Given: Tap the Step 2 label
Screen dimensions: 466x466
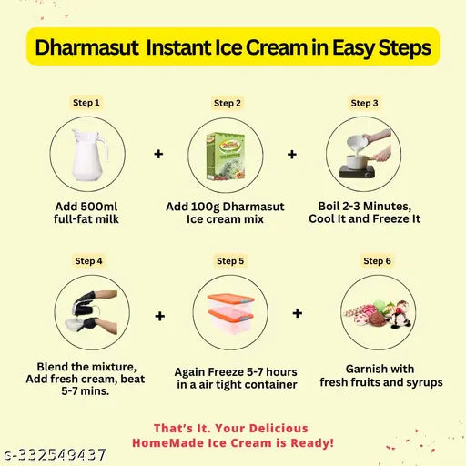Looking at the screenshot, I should click(x=228, y=103).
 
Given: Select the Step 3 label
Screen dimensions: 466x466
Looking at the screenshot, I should click(x=364, y=103).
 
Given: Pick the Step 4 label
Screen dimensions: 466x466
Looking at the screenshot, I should click(x=88, y=260).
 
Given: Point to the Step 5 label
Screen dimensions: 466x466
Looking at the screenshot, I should click(x=229, y=260).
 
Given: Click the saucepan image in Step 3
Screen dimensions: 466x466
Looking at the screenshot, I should click(x=364, y=155).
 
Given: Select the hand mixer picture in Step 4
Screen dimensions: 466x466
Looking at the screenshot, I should click(x=91, y=312).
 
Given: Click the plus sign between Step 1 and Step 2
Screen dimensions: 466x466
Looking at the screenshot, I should click(x=158, y=155).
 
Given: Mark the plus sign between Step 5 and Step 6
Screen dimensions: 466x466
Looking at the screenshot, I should click(x=298, y=313).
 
